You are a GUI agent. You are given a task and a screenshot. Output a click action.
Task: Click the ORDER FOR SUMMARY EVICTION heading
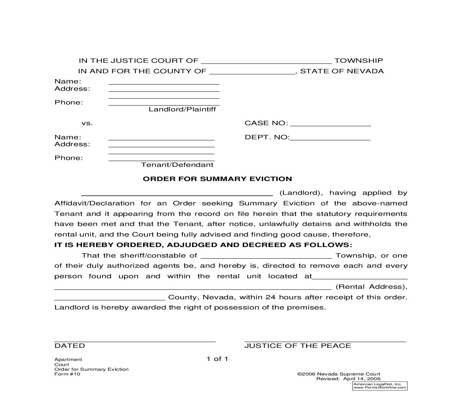point(217,179)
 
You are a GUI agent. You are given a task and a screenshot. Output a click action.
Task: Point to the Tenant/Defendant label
point(177,165)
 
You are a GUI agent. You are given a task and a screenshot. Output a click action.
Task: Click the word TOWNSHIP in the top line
point(358,61)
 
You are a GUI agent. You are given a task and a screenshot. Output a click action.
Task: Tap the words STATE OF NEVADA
point(342,71)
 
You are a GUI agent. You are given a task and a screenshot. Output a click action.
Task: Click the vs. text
point(87,123)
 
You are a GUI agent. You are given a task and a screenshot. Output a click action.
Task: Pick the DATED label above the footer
point(70,346)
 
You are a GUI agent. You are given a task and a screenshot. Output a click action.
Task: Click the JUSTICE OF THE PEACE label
point(297,346)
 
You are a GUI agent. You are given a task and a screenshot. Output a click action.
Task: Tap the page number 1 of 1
point(217,359)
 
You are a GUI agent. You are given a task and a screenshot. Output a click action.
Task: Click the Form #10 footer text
point(67,374)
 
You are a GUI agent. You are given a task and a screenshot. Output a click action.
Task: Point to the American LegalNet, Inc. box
point(379,386)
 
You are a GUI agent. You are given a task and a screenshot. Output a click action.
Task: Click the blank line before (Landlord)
point(177,194)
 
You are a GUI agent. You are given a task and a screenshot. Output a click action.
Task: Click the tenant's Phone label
point(68,158)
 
